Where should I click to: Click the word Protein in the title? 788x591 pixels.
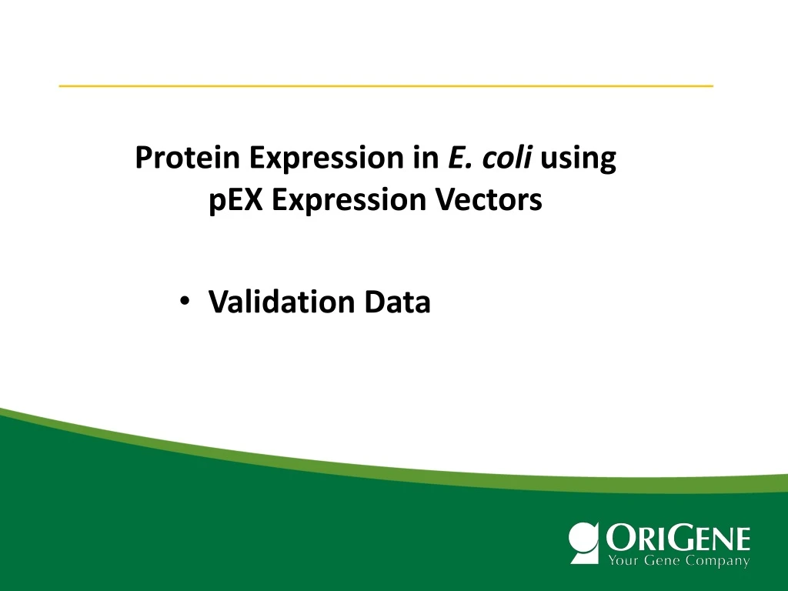click(188, 159)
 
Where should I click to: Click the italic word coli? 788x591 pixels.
click(509, 159)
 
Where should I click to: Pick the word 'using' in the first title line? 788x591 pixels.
click(579, 160)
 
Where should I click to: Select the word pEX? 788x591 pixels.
click(236, 201)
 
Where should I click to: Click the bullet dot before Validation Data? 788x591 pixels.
click(184, 302)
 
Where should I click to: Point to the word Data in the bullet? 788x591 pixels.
click(397, 302)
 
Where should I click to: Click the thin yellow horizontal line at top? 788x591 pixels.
click(386, 85)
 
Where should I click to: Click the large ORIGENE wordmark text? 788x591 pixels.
click(678, 537)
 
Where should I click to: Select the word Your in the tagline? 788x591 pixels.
click(623, 561)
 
